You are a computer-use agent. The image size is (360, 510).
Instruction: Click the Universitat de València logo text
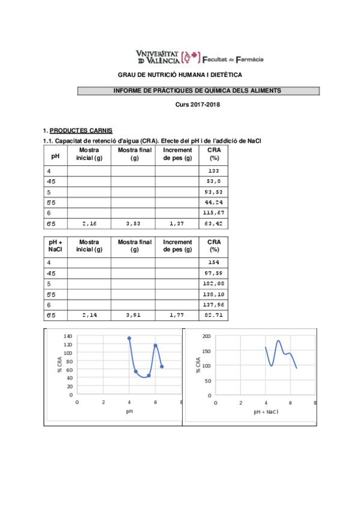click(x=158, y=57)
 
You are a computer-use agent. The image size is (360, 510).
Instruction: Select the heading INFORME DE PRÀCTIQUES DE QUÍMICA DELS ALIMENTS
click(x=197, y=91)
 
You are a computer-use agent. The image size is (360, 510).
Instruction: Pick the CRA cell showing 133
click(x=213, y=171)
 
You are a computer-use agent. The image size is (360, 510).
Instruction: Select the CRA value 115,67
click(x=213, y=213)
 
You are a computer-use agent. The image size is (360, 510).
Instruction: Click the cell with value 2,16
click(x=89, y=224)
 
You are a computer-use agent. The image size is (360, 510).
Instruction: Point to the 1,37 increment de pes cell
click(x=177, y=224)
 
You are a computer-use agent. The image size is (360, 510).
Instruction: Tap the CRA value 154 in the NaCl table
click(x=213, y=263)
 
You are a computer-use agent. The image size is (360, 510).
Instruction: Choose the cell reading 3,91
click(x=133, y=315)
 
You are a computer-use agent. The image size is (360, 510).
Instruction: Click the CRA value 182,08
click(x=213, y=283)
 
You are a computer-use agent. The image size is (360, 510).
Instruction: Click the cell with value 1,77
click(x=177, y=315)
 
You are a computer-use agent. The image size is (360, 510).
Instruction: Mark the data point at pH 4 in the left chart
click(x=129, y=339)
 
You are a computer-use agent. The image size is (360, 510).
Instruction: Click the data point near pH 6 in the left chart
click(x=156, y=345)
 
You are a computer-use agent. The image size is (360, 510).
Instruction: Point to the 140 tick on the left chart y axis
click(x=68, y=336)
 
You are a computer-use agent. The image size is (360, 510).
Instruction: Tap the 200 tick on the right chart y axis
click(x=206, y=336)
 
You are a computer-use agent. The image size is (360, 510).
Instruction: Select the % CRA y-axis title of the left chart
click(x=59, y=365)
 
